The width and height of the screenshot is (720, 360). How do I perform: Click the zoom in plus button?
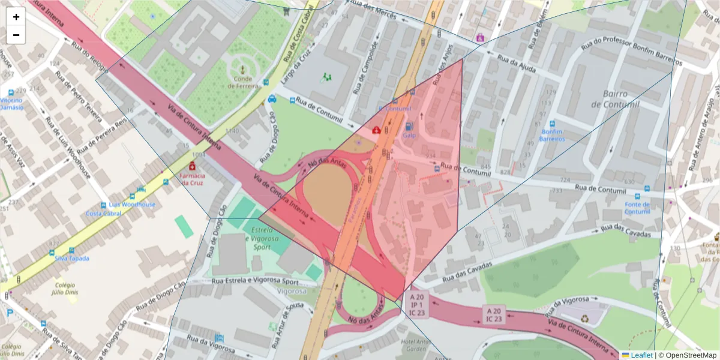point(16,17)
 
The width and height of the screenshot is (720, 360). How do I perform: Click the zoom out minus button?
point(16,35)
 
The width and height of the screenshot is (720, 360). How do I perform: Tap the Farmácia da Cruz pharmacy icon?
point(192,166)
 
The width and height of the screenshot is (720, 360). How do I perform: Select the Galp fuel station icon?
point(409,127)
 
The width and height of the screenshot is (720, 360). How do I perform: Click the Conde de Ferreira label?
point(243,82)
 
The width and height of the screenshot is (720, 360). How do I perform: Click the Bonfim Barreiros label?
point(553,135)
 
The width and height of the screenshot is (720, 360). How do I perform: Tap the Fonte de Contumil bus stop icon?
point(646,188)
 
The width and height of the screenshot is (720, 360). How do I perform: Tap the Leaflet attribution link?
point(641,355)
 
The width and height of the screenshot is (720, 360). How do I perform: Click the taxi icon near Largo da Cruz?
point(272,99)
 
